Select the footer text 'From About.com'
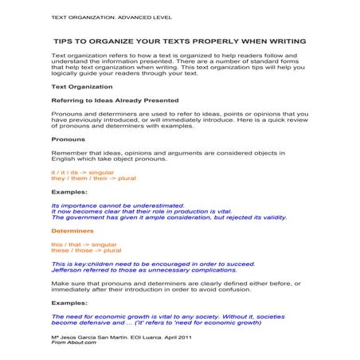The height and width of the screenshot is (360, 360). (x=72, y=343)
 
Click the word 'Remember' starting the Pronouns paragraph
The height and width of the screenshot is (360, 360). (x=69, y=153)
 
